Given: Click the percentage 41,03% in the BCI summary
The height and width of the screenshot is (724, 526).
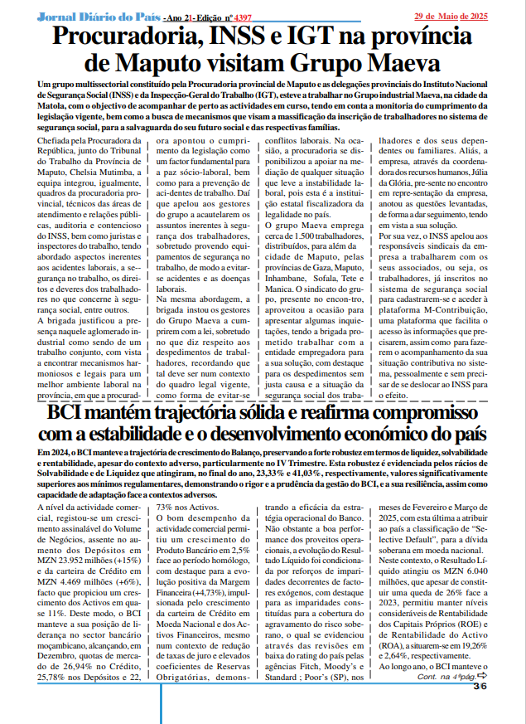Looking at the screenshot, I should coord(341,471).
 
